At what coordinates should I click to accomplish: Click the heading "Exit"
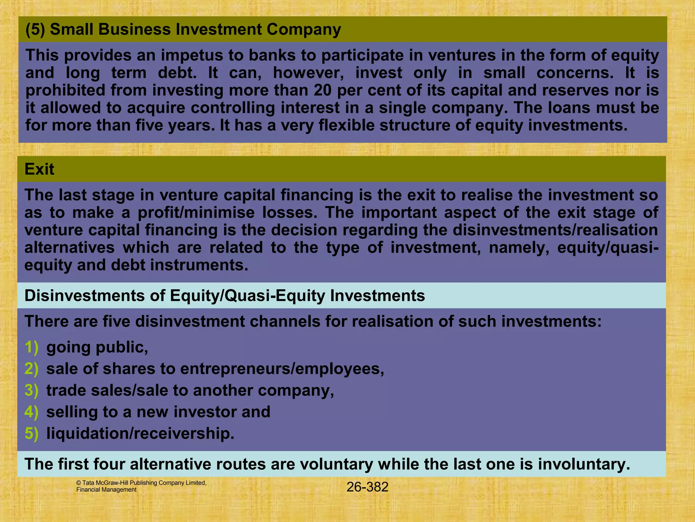point(39,169)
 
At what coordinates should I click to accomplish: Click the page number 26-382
point(367,487)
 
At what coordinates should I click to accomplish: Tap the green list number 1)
point(32,347)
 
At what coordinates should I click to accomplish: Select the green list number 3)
point(32,390)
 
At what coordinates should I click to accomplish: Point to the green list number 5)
point(32,434)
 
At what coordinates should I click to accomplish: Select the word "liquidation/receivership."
point(140,434)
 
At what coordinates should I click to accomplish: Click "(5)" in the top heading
point(35,30)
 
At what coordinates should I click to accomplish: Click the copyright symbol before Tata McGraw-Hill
point(79,483)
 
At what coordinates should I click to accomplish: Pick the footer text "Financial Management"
point(106,490)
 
